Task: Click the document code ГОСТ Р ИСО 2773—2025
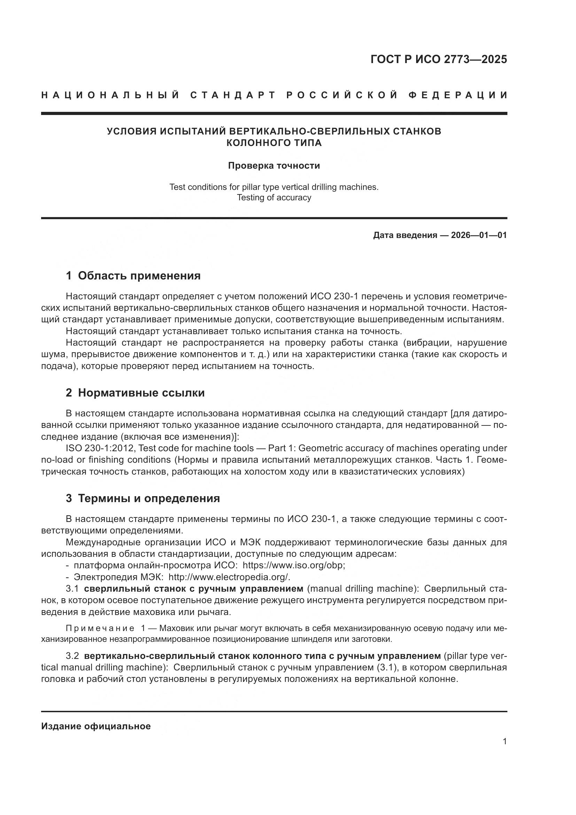(x=438, y=59)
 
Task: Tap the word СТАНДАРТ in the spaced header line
(x=233, y=95)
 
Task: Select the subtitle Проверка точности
(x=274, y=166)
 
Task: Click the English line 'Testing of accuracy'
(x=274, y=197)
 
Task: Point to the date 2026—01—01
(x=479, y=235)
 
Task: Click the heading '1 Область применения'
(x=133, y=276)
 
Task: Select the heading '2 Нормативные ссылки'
(x=135, y=393)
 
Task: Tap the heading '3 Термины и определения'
(x=142, y=498)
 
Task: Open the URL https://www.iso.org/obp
(x=294, y=565)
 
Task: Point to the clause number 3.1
(x=72, y=589)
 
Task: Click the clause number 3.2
(x=72, y=656)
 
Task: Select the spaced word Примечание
(x=100, y=628)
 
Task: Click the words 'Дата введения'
(x=405, y=235)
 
